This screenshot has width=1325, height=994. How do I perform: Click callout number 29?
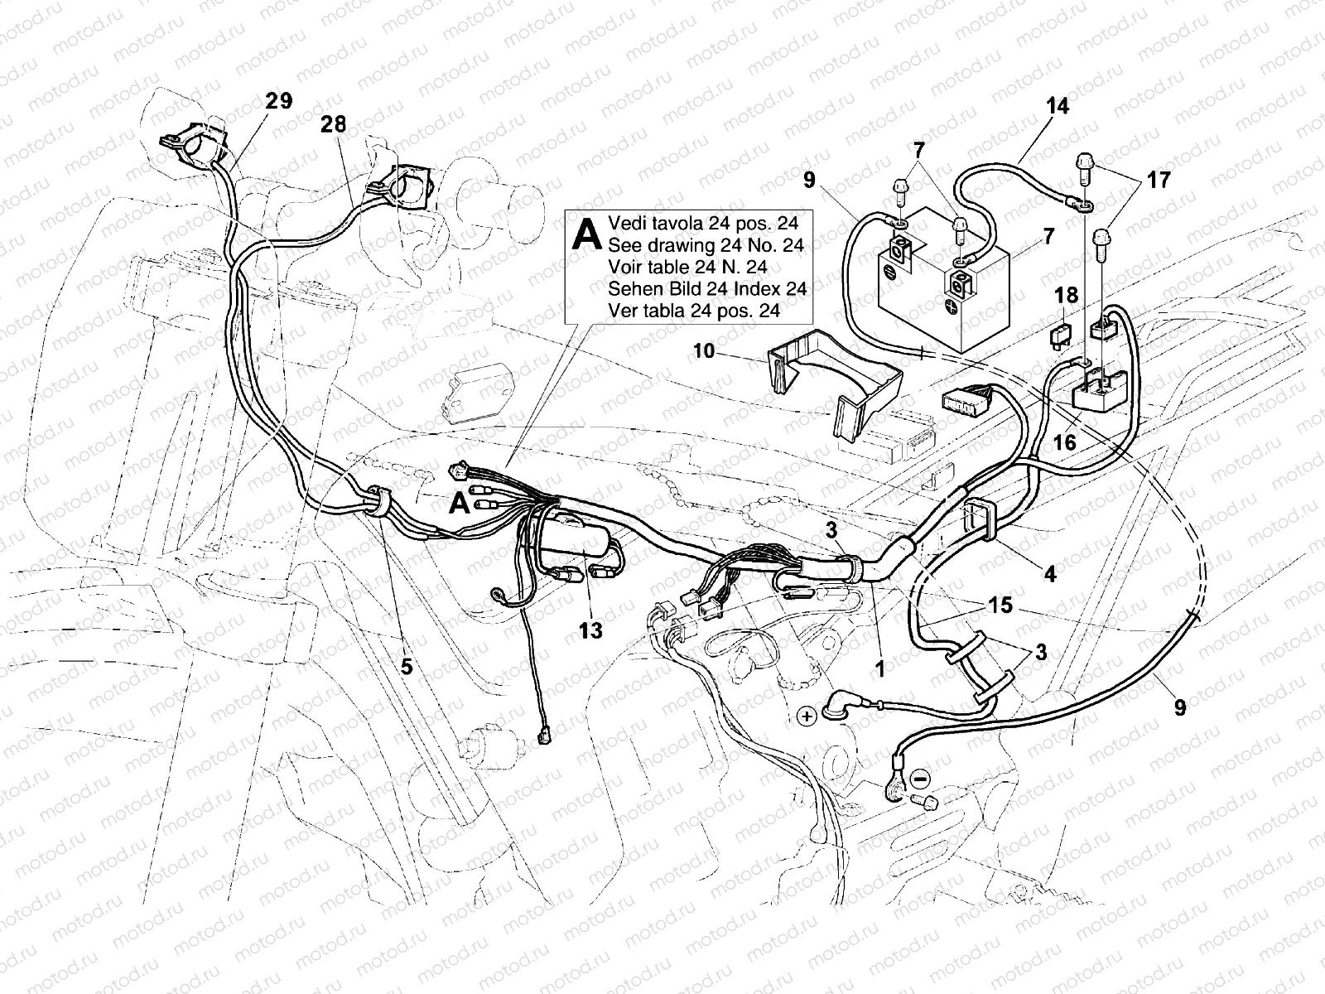pos(279,101)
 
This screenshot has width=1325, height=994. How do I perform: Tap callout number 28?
pos(334,124)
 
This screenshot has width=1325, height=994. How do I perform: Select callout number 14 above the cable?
pos(1057,106)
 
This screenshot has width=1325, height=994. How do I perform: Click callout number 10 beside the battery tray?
pos(704,351)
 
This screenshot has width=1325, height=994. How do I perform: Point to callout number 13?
pos(590,631)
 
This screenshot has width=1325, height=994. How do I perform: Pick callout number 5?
pos(407,664)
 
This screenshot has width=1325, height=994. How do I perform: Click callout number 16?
pos(1064,442)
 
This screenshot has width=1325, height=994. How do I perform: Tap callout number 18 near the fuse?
pos(1067,297)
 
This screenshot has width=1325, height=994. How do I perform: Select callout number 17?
pos(1159,179)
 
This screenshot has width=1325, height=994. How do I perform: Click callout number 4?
pos(1050,572)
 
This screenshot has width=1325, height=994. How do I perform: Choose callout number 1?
pos(879,668)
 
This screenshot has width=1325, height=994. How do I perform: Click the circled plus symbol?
pos(807,716)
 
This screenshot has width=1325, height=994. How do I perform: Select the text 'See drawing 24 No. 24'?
pos(706,245)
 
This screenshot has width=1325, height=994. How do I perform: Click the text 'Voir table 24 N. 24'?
pos(687,268)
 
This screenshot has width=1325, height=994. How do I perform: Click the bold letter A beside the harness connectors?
pos(459,503)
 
